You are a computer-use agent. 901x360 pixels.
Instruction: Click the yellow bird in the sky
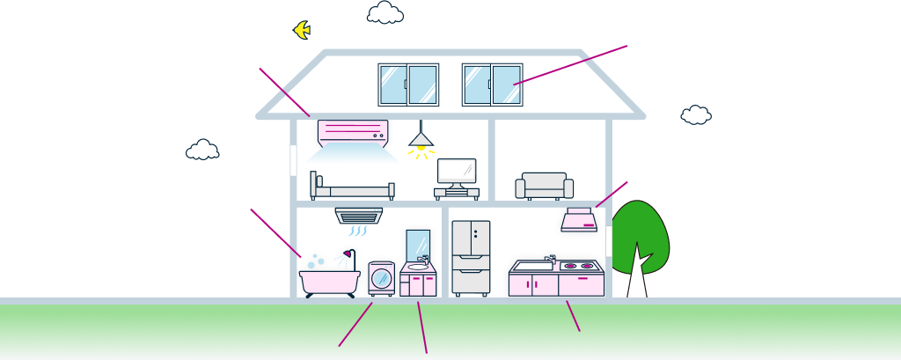click(x=302, y=30)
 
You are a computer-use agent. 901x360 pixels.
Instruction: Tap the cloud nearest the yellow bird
click(x=385, y=13)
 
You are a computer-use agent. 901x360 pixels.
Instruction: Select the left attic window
click(x=408, y=84)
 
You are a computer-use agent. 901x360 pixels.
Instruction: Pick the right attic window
click(x=492, y=84)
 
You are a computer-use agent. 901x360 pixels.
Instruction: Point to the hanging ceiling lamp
click(x=421, y=138)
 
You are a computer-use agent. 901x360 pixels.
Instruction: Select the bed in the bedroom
click(x=352, y=187)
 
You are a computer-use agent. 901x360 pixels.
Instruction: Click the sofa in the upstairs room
click(x=544, y=186)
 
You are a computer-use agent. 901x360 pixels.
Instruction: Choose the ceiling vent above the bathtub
click(x=359, y=216)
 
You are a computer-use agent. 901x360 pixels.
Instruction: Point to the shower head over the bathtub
click(x=348, y=254)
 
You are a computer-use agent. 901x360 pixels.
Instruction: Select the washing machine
click(x=382, y=278)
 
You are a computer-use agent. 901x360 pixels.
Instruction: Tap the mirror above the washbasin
click(x=418, y=244)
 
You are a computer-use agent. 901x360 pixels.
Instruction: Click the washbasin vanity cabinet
click(x=418, y=283)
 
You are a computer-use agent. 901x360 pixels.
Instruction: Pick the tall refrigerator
click(x=471, y=257)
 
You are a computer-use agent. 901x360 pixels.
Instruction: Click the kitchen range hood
click(x=579, y=221)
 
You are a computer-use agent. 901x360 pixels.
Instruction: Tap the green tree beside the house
click(x=640, y=236)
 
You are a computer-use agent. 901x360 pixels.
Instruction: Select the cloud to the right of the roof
click(x=696, y=115)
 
